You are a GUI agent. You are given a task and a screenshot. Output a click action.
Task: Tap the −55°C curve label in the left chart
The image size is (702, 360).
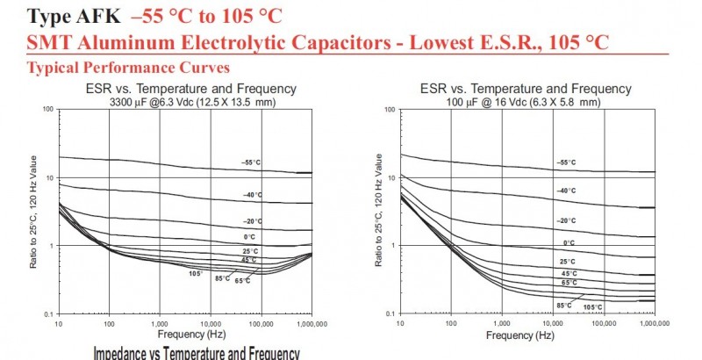pyautogui.click(x=253, y=162)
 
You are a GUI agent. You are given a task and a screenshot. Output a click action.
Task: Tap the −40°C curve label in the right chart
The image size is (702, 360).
pyautogui.click(x=566, y=190)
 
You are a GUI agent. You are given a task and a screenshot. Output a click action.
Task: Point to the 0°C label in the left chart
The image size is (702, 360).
pyautogui.click(x=250, y=236)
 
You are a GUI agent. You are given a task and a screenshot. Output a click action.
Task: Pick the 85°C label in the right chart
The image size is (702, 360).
pyautogui.click(x=564, y=305)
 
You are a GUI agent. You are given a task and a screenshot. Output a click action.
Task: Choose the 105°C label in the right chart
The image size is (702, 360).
pyautogui.click(x=593, y=306)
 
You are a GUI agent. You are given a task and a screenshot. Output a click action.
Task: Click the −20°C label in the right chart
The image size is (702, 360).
pyautogui.click(x=566, y=220)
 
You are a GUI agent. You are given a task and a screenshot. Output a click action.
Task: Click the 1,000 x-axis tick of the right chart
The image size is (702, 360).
pyautogui.click(x=503, y=323)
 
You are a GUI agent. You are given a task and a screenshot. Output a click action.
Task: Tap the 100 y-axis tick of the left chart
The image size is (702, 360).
pyautogui.click(x=47, y=110)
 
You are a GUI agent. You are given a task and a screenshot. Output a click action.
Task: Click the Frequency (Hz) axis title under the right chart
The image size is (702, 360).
pyautogui.click(x=521, y=335)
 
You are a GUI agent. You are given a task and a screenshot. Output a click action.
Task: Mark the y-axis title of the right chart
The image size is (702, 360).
pyautogui.click(x=377, y=211)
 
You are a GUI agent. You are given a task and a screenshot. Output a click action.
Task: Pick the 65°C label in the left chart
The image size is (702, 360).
pyautogui.click(x=241, y=280)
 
